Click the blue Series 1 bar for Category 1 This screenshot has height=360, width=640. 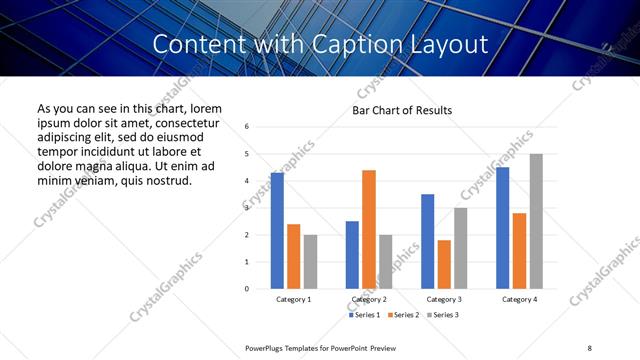(277, 231)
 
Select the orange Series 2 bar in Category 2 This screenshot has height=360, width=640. (369, 229)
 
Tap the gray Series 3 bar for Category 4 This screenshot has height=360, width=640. (536, 221)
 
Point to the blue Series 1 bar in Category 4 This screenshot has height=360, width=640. (503, 228)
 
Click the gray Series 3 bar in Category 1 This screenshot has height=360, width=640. (310, 262)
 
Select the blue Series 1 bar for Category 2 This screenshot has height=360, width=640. (352, 255)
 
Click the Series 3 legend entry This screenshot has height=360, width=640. (443, 315)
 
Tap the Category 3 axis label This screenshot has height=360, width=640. (444, 299)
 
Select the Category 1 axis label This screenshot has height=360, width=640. (293, 299)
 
